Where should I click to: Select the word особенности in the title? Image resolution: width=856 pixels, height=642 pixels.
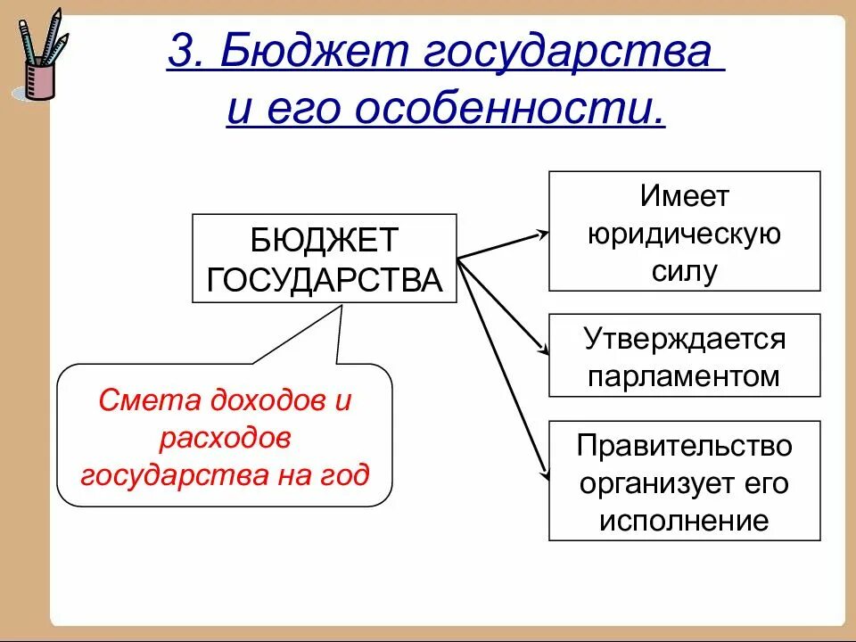coord(509,112)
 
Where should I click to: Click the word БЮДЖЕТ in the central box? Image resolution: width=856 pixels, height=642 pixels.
coord(325,240)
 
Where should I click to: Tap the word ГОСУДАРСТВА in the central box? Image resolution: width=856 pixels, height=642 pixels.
coord(325,279)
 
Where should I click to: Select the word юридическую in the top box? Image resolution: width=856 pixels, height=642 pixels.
coord(684,234)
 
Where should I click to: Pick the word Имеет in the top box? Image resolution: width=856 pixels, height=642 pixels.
coord(684,196)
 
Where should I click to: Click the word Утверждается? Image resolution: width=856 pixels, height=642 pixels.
coord(684,339)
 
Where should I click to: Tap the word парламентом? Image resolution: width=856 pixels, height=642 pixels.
coord(684,376)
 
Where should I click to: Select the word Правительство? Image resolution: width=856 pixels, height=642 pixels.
coord(684,445)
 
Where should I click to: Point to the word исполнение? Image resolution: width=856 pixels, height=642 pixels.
coord(684,520)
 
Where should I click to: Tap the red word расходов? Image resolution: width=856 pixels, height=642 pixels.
coord(226,438)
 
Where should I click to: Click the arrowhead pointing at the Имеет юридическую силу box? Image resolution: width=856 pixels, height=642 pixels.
coord(541,235)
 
